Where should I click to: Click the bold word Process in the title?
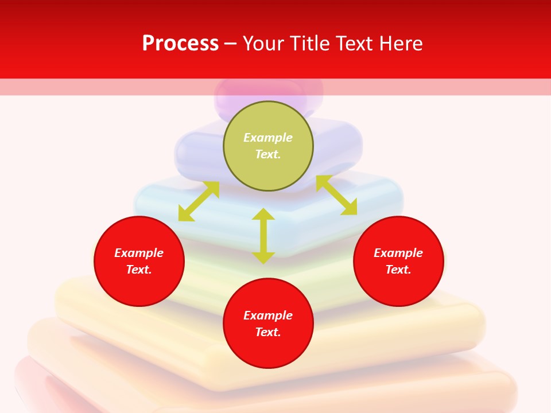pyautogui.click(x=180, y=44)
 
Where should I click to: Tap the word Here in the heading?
pyautogui.click(x=401, y=44)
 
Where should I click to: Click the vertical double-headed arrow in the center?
pyautogui.click(x=263, y=236)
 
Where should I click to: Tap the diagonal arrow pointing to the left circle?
pyautogui.click(x=199, y=201)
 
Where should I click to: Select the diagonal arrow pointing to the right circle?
pyautogui.click(x=336, y=195)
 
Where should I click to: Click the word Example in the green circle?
pyautogui.click(x=268, y=138)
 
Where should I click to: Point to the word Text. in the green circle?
pyautogui.click(x=268, y=154)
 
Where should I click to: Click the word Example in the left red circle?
pyautogui.click(x=139, y=253)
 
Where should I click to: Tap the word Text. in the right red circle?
pyautogui.click(x=398, y=270)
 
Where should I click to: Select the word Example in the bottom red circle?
pyautogui.click(x=268, y=315)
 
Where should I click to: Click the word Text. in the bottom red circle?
pyautogui.click(x=268, y=332)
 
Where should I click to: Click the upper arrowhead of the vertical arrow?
pyautogui.click(x=263, y=215)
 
